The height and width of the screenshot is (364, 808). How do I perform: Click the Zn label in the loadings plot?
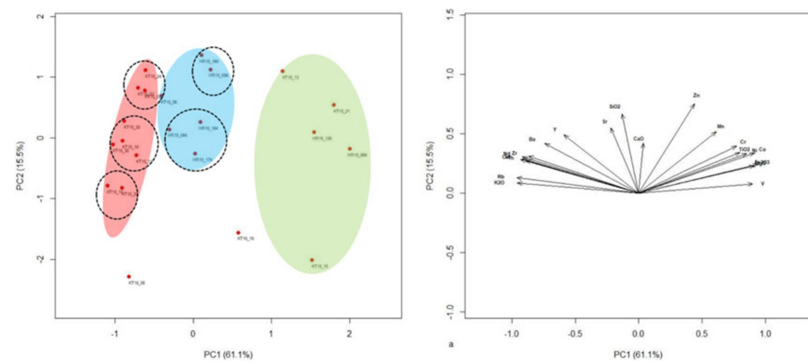pos(696,95)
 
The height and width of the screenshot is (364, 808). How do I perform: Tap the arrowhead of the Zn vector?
pos(694,104)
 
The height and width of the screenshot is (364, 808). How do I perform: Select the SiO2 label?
pos(615,107)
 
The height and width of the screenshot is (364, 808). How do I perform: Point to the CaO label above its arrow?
pos(639,139)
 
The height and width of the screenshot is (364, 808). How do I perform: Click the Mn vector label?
pos(721,127)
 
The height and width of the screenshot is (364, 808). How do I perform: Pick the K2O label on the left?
pos(499,182)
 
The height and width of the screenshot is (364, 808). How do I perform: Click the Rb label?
pos(500,177)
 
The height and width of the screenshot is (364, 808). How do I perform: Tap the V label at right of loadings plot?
pos(762,184)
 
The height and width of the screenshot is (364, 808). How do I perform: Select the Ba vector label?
pos(532,139)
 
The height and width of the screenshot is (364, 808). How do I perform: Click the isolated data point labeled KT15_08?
pos(129,277)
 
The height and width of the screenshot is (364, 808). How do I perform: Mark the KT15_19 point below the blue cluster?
pos(238,233)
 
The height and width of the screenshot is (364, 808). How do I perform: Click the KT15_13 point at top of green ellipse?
pos(283,71)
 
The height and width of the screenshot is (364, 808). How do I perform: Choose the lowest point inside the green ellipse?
pos(312,260)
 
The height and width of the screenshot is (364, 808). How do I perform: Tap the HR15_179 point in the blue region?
pos(195,154)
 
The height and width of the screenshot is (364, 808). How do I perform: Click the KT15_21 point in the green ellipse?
pos(334,105)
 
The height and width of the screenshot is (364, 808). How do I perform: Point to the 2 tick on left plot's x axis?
pos(349,334)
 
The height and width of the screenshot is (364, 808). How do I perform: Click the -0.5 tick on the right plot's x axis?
pos(575,334)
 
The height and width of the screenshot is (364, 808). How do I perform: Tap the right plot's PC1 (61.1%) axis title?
pos(638,355)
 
